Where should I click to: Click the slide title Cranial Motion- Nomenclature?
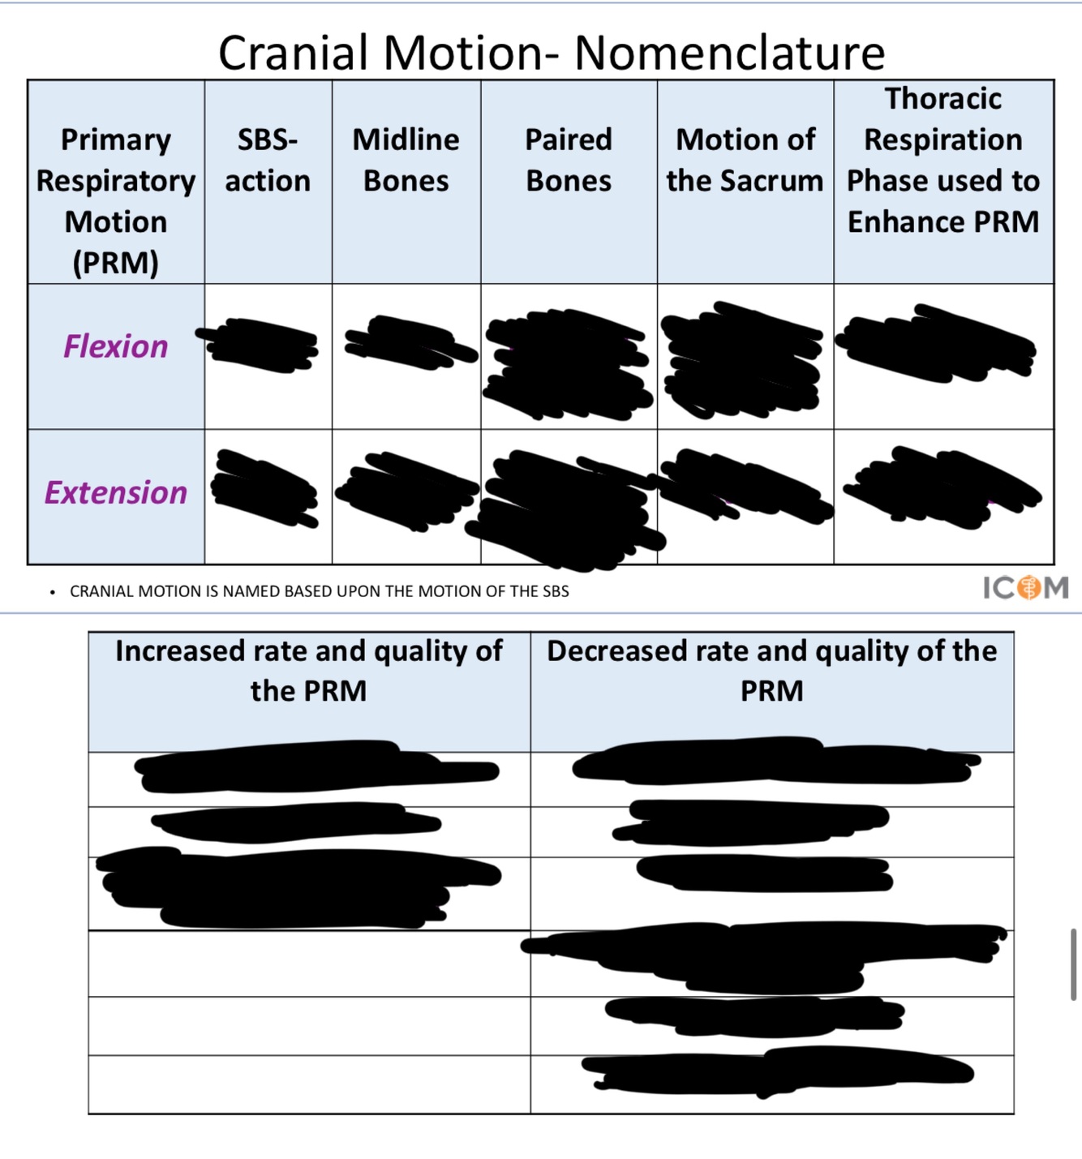(551, 53)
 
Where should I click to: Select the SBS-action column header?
(268, 161)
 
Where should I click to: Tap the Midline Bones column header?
(406, 161)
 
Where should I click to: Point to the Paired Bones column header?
(569, 161)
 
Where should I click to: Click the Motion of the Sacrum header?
(745, 161)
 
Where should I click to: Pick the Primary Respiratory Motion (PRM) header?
(116, 200)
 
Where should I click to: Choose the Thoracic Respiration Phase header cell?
(943, 160)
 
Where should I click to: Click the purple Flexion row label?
(116, 346)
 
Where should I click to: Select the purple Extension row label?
(116, 492)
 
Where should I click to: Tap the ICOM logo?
(1025, 587)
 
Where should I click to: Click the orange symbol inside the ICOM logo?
(1028, 587)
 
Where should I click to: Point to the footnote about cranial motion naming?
(320, 591)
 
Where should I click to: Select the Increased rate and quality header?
(308, 671)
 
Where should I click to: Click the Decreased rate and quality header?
(771, 671)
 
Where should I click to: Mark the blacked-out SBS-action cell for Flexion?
(262, 345)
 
